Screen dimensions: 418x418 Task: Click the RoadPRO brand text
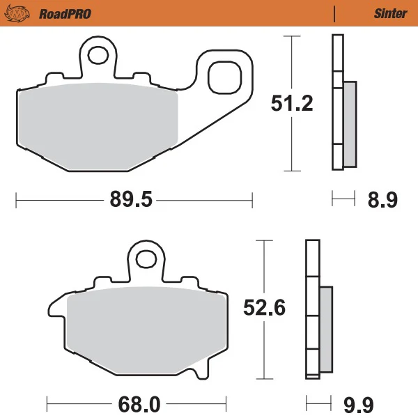(65, 14)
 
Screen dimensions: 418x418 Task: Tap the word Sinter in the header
(391, 13)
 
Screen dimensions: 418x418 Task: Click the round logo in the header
(17, 13)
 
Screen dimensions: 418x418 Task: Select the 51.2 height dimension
(292, 103)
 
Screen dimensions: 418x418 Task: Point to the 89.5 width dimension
(131, 199)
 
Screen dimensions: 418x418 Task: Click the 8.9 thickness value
(382, 199)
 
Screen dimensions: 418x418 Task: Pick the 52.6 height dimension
(264, 308)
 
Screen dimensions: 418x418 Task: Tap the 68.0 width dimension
(139, 404)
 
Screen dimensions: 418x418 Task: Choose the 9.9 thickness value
(359, 405)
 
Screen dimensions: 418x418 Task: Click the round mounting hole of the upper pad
(98, 56)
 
